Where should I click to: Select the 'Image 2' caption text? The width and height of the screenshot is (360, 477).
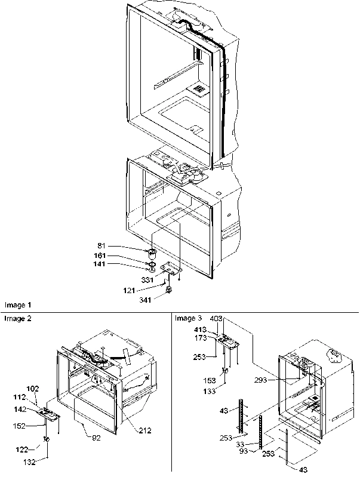(x=17, y=319)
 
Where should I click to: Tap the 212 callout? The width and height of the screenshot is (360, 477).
(x=145, y=429)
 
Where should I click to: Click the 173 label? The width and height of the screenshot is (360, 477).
(x=200, y=338)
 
